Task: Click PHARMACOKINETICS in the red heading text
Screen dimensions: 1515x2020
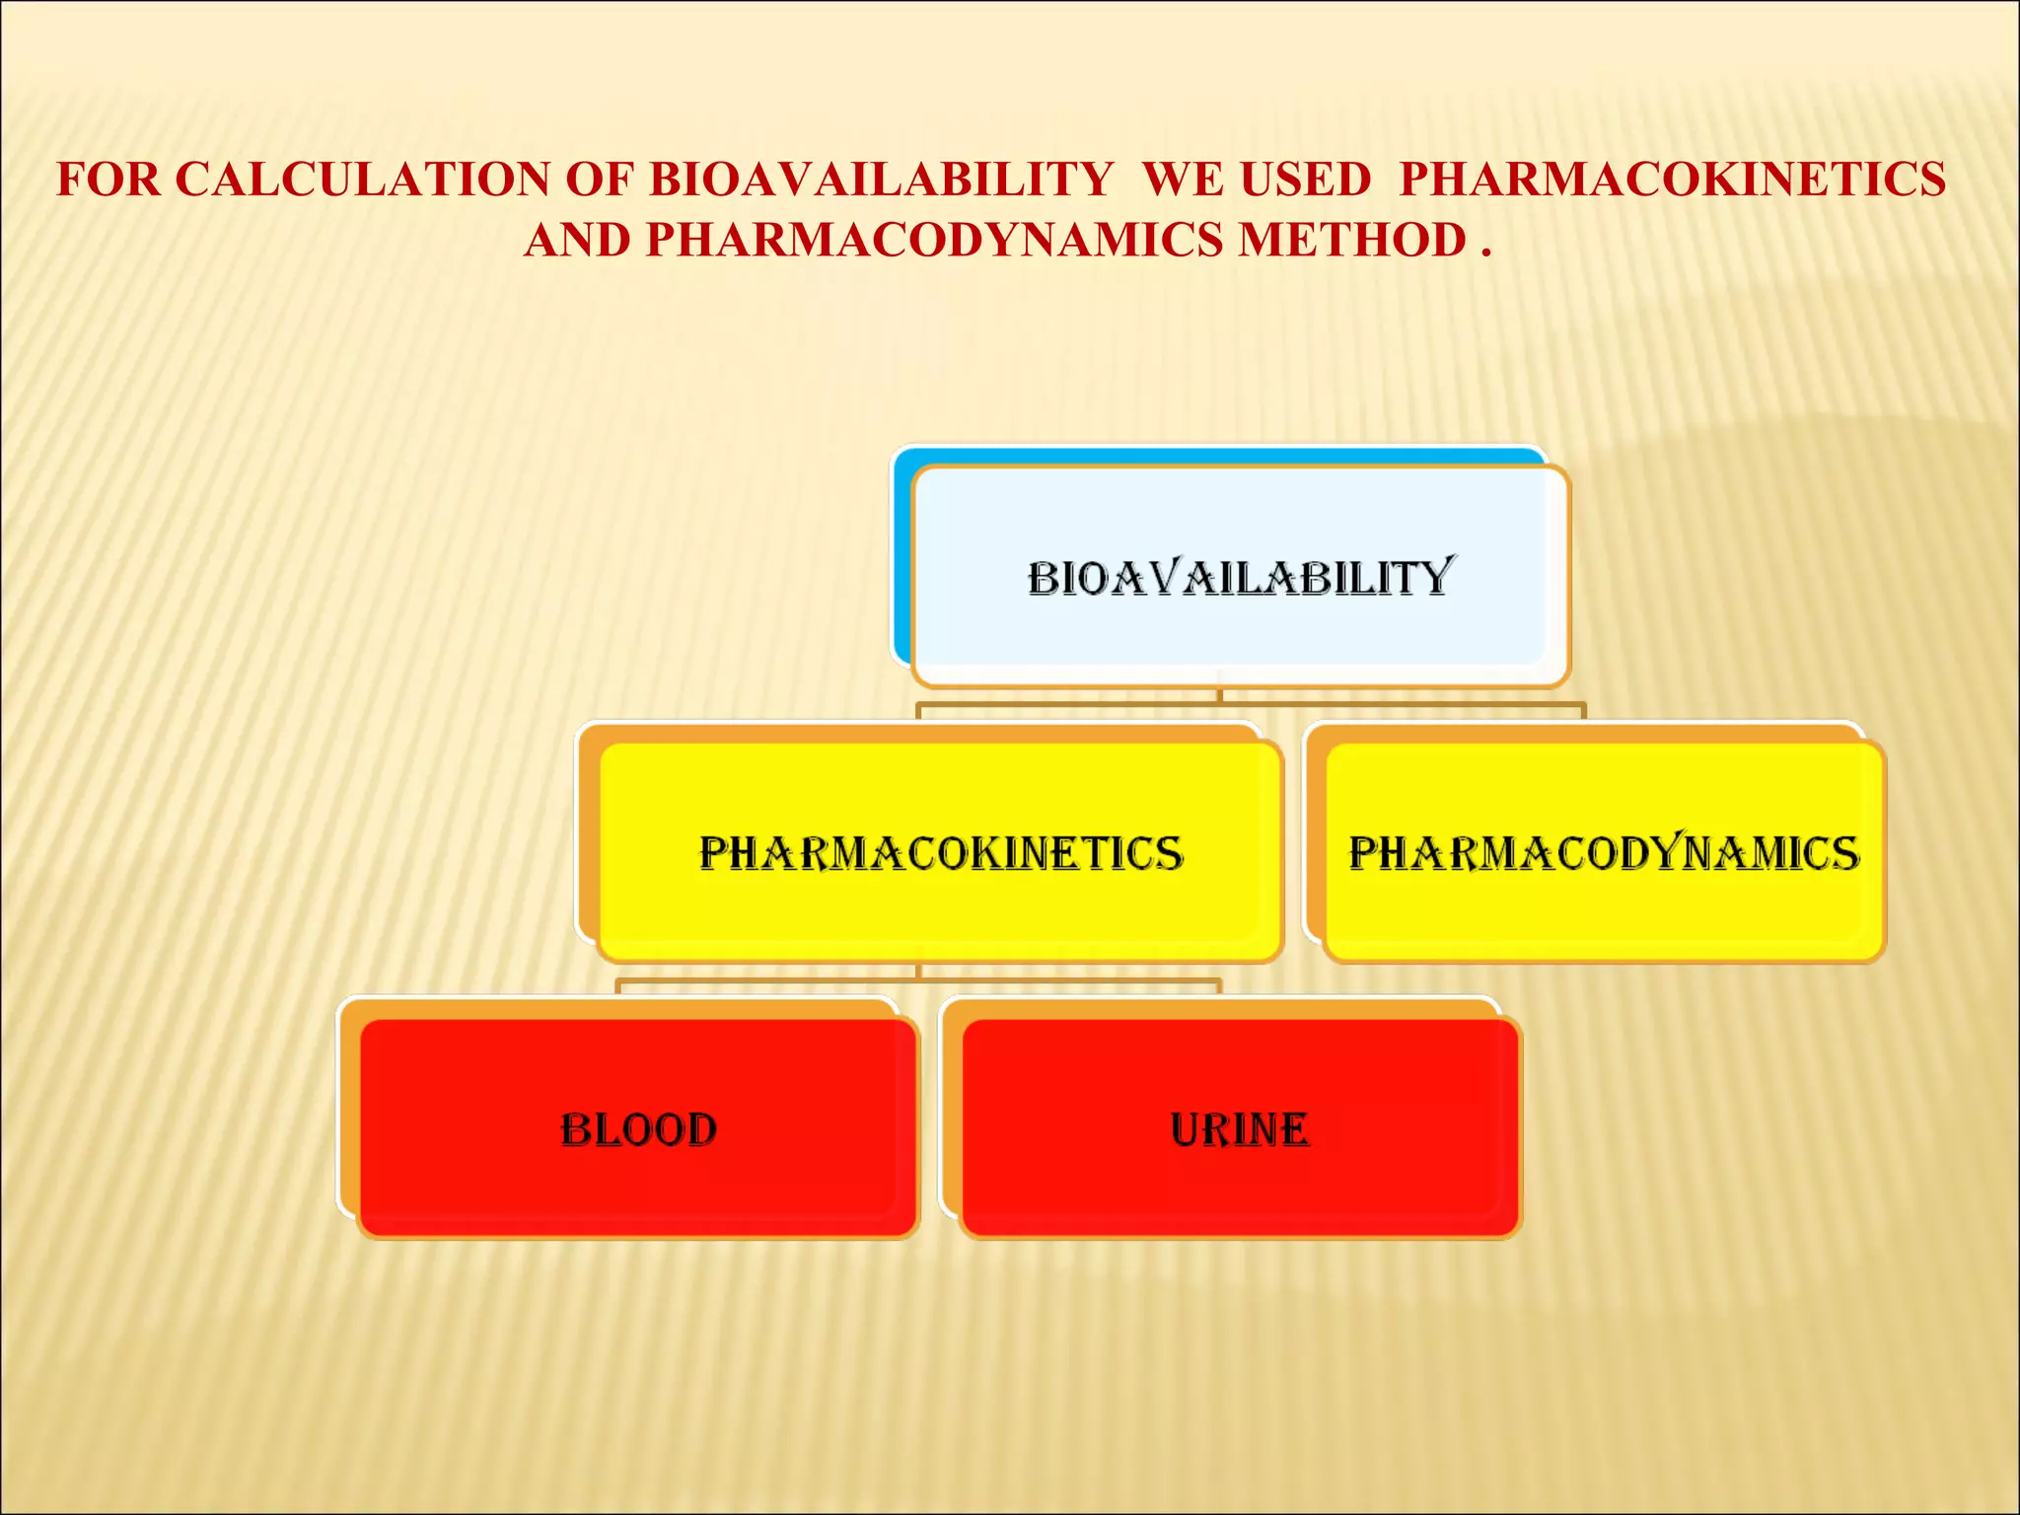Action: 1673,180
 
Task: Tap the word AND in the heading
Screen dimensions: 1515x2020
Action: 578,241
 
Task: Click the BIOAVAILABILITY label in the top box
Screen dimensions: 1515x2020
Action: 1239,579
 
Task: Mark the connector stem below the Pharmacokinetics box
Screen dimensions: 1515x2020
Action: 918,973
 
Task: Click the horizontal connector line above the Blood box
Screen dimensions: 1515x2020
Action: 769,981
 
